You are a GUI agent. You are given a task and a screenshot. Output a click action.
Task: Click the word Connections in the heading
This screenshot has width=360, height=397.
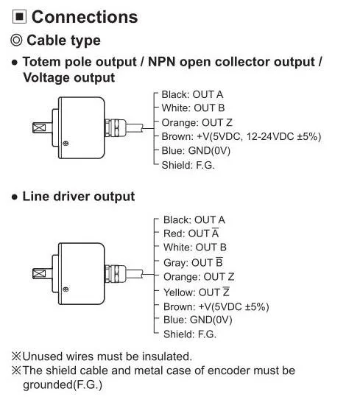point(85,17)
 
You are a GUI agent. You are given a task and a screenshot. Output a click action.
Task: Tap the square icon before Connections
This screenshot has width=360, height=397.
point(19,17)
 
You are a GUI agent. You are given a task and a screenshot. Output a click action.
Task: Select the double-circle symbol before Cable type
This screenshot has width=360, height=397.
point(16,41)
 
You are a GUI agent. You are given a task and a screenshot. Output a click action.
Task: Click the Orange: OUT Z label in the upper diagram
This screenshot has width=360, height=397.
point(197,123)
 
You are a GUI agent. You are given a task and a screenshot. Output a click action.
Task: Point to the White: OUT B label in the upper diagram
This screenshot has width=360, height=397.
point(193,108)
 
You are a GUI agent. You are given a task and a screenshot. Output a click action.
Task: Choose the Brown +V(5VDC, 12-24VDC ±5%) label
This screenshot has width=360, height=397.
point(241,137)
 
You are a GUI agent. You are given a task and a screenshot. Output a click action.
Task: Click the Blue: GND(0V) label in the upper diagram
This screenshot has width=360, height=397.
point(196,151)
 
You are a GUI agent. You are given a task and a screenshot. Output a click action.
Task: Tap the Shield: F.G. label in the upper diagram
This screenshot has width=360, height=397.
point(188,165)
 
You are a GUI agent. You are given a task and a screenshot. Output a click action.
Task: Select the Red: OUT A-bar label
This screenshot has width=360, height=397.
point(191,233)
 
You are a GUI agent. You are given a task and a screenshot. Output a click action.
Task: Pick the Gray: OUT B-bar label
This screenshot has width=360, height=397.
point(193,262)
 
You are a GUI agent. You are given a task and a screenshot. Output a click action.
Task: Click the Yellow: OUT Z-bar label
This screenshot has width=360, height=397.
point(197,292)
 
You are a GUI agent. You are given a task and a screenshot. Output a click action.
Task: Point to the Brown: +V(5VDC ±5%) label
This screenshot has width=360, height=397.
point(216,307)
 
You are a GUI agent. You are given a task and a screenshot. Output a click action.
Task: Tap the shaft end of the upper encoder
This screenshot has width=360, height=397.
point(39,127)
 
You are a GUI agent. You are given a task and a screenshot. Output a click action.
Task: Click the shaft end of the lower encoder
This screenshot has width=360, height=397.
point(39,274)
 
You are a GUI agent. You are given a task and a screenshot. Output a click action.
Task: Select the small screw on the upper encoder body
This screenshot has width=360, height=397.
point(66,144)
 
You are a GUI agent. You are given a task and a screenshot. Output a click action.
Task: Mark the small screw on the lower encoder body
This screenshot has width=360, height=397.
point(66,289)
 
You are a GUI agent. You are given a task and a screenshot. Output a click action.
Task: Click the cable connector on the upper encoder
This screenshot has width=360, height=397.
point(116,127)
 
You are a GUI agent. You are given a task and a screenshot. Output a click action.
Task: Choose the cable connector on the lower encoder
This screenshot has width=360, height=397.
point(116,274)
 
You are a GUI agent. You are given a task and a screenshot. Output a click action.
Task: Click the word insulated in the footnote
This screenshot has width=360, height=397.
point(166,356)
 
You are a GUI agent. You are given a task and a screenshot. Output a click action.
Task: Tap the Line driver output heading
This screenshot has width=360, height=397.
point(79,197)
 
